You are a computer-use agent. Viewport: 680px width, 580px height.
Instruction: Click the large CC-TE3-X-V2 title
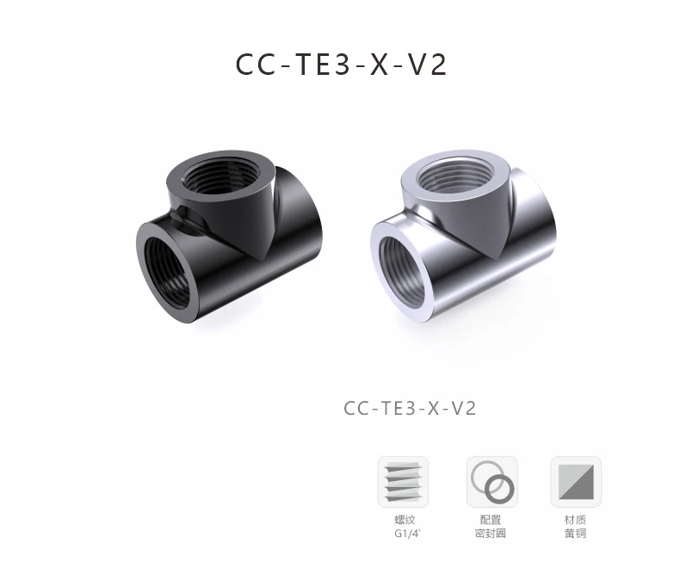click(x=341, y=65)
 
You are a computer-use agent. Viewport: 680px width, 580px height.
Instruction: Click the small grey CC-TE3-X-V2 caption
click(x=410, y=409)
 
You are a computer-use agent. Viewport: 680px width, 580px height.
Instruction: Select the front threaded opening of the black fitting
click(x=166, y=273)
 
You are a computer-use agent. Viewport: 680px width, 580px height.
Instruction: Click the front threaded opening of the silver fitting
click(x=402, y=272)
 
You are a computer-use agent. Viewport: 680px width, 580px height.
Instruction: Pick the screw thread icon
click(x=403, y=482)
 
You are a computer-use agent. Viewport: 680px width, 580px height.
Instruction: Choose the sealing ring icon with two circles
click(x=492, y=482)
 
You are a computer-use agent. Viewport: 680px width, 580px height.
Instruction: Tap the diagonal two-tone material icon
click(x=576, y=482)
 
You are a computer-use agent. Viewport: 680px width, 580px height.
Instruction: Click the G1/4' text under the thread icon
click(x=408, y=534)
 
